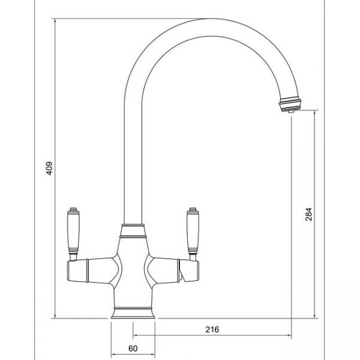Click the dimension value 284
pyautogui.click(x=308, y=214)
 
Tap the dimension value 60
pyautogui.click(x=133, y=349)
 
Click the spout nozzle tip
pyautogui.click(x=289, y=107)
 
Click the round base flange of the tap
pyautogui.click(x=133, y=313)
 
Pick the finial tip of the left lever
pyautogui.click(x=72, y=211)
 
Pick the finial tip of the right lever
pyautogui.click(x=194, y=211)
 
